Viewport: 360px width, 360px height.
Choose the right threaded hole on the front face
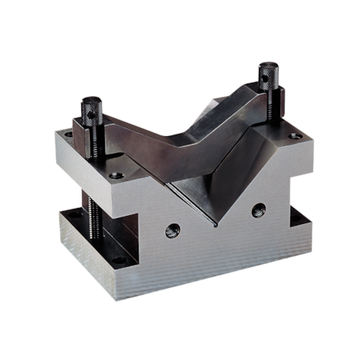pyautogui.click(x=258, y=210)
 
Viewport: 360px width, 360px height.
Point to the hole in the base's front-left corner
pyautogui.click(x=119, y=261)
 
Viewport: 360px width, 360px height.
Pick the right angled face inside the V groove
pyautogui.click(x=235, y=176)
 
